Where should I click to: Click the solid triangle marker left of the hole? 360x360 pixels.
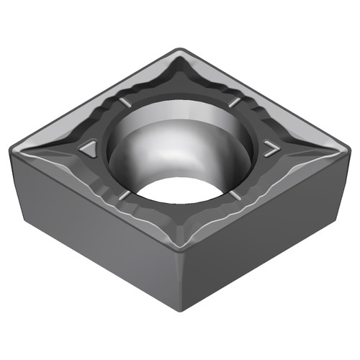pyautogui.click(x=89, y=150)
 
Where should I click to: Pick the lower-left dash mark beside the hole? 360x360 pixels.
pyautogui.click(x=125, y=194)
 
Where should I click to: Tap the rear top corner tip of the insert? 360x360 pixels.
pyautogui.click(x=179, y=50)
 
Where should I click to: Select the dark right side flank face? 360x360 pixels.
pyautogui.click(x=274, y=223)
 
